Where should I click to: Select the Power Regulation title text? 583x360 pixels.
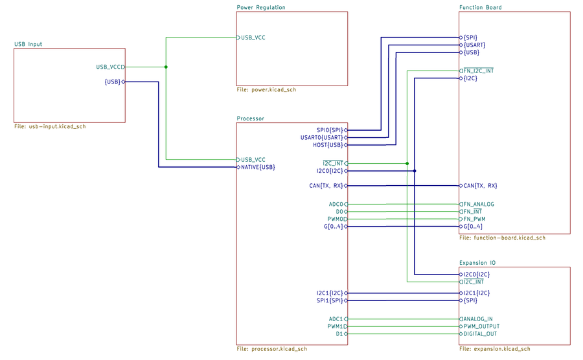click(261, 8)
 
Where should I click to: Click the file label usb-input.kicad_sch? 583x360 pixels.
click(50, 127)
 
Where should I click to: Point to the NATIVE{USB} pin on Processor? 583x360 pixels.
click(258, 167)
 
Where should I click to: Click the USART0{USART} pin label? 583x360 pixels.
click(322, 137)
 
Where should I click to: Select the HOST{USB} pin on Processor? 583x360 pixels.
click(328, 145)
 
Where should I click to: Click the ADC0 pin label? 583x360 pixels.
click(336, 205)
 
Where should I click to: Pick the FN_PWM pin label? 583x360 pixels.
click(474, 219)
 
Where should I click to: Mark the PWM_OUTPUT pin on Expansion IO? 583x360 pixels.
click(482, 327)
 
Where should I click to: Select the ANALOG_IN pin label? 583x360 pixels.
click(478, 319)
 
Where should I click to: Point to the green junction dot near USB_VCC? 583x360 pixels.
click(166, 67)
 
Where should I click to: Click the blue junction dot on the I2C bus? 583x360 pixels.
click(415, 171)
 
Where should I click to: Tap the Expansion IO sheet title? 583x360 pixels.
click(477, 263)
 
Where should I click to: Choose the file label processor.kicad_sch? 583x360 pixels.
click(272, 349)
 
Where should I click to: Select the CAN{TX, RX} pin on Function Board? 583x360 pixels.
click(480, 186)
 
